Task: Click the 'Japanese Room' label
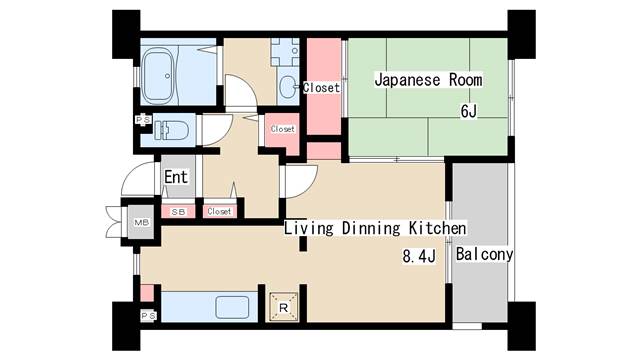[x=428, y=80]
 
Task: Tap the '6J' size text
[x=468, y=111]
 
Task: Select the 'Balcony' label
[x=485, y=254]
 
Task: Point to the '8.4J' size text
[x=420, y=257]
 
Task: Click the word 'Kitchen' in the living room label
[x=436, y=228]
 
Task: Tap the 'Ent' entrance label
[x=176, y=178]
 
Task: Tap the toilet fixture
[x=176, y=130]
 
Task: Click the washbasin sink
[x=287, y=86]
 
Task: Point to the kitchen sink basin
[x=233, y=307]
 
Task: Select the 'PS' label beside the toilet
[x=143, y=120]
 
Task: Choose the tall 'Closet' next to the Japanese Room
[x=321, y=88]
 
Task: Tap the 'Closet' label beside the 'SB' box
[x=219, y=212]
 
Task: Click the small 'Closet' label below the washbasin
[x=282, y=128]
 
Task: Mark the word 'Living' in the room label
[x=308, y=228]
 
